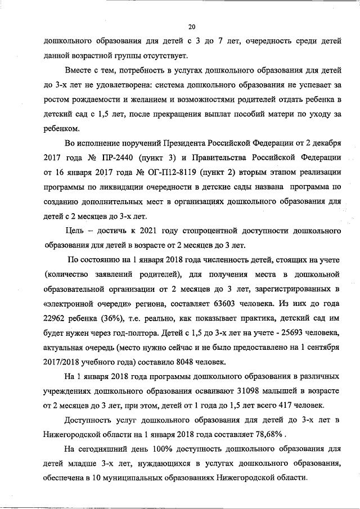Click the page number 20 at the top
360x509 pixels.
click(x=191, y=26)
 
